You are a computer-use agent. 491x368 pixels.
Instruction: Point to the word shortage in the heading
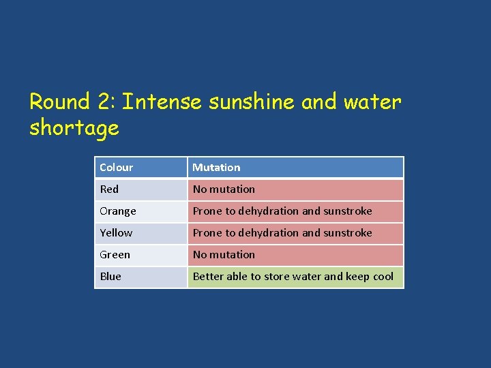[x=74, y=128]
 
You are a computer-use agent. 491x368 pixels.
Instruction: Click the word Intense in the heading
[x=163, y=102]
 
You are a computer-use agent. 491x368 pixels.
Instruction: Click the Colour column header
[x=117, y=168]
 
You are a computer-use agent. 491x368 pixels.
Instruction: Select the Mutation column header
[x=216, y=168]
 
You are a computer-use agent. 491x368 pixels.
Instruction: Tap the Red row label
[x=109, y=189]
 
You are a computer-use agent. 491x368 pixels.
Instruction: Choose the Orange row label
[x=118, y=211]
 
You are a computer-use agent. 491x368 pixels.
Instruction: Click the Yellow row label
[x=116, y=233]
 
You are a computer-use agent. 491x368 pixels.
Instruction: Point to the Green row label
[x=115, y=255]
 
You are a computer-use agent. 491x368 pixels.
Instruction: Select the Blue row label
[x=110, y=277]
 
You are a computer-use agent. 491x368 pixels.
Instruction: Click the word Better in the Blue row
[x=207, y=277]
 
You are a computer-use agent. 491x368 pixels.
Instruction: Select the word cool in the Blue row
[x=383, y=277]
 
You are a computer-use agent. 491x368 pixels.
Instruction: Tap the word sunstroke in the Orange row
[x=348, y=211]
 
